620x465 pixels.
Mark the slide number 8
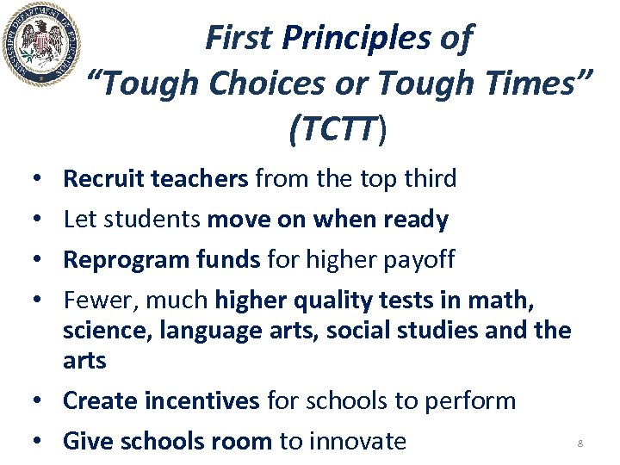click(x=580, y=443)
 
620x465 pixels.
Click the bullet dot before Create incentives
click(x=40, y=401)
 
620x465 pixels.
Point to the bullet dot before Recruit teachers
click(x=40, y=179)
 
